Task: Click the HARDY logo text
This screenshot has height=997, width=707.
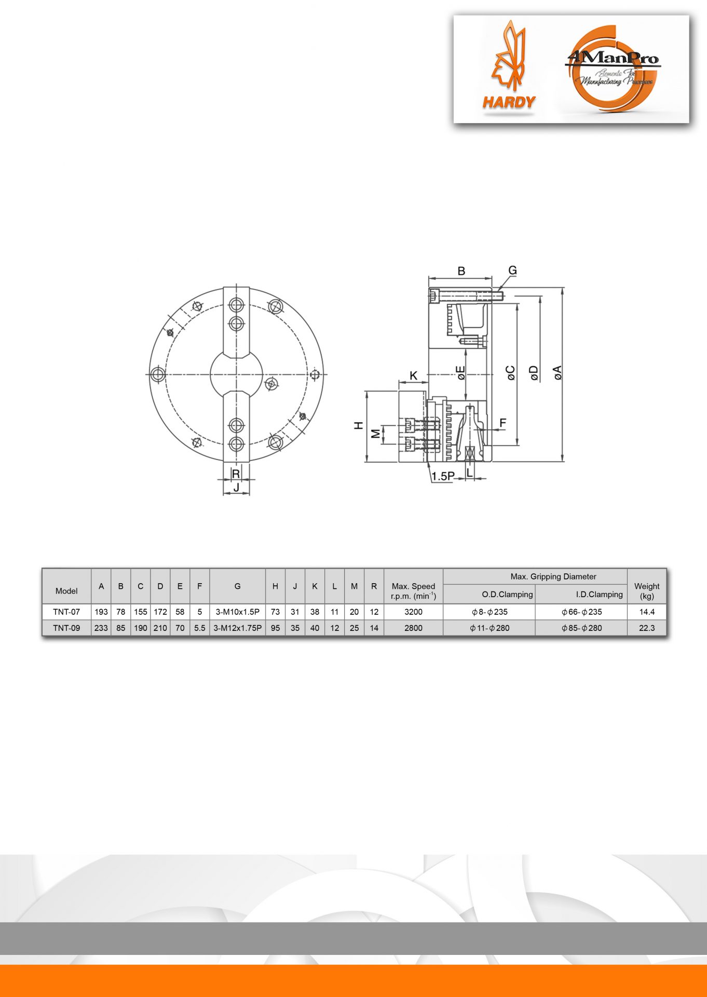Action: [x=509, y=102]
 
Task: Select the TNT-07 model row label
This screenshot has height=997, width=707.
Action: [x=66, y=612]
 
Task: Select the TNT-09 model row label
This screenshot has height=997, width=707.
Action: [x=66, y=628]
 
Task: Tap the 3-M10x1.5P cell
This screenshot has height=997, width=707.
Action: [x=237, y=612]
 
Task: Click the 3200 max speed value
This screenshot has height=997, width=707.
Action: [x=413, y=612]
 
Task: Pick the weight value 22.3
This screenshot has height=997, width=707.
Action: [x=647, y=628]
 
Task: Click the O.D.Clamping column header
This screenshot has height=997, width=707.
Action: [x=507, y=594]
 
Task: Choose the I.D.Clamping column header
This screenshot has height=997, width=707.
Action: [x=599, y=594]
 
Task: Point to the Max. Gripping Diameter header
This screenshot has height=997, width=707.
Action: [x=553, y=576]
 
